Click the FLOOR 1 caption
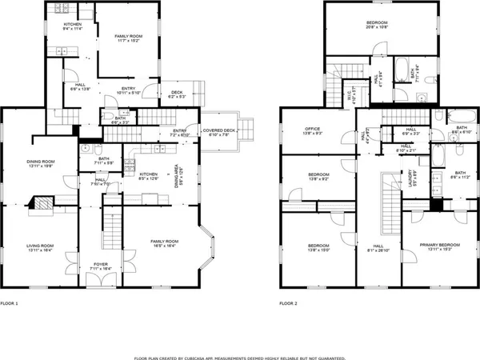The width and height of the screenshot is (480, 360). click(9, 304)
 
